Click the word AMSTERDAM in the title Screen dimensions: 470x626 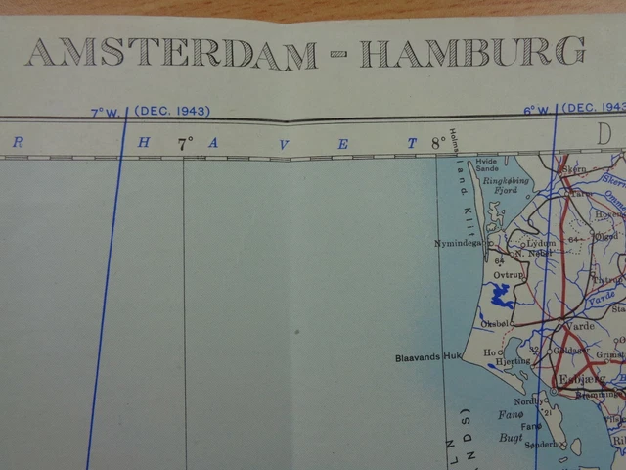click(172, 52)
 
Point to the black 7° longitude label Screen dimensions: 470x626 click(185, 143)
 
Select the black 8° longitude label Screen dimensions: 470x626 click(438, 143)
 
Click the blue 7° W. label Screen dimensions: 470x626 click(105, 112)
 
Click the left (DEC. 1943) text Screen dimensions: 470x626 click(172, 111)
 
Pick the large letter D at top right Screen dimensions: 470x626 click(604, 133)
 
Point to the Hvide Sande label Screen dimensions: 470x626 click(486, 164)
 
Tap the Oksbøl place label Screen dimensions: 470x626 click(493, 324)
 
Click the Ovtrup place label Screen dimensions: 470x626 click(508, 276)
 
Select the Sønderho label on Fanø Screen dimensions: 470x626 click(545, 444)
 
